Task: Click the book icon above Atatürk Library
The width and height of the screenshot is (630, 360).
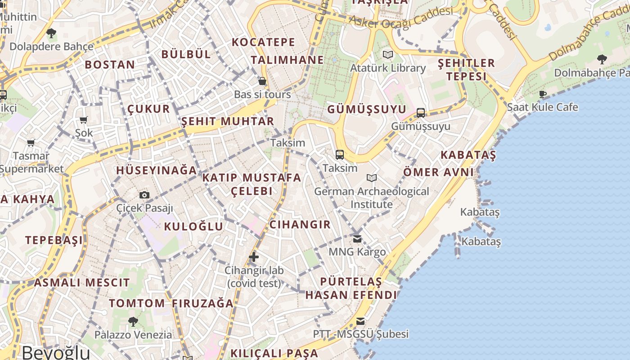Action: coord(387,55)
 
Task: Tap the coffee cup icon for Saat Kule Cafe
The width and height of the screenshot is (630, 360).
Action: coord(543,94)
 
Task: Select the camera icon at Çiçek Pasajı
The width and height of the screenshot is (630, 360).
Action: coord(144,195)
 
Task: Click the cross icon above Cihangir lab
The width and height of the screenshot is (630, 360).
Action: coord(254,257)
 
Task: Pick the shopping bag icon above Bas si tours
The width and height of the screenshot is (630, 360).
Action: coord(262,81)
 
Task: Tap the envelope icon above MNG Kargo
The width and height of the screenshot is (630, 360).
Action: coord(357,238)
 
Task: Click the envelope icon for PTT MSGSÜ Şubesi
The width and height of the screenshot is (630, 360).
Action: coord(360,321)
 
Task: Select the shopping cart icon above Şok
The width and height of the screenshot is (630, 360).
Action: coord(83,120)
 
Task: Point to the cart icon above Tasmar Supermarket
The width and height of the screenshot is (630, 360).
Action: coord(31,143)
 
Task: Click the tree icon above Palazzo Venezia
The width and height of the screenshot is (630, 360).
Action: coord(133,321)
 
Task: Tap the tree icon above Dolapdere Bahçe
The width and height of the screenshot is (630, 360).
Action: coord(51,33)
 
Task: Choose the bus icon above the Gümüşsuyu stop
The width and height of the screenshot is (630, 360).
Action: coord(421,112)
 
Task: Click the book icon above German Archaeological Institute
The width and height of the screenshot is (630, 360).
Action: coord(371,178)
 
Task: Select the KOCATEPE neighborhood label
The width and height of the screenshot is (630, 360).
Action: coord(263,43)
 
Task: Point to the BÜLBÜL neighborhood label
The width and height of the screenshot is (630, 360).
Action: coord(186,54)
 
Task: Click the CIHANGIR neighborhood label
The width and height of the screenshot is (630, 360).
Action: coord(300,225)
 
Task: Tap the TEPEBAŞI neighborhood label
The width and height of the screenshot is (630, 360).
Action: coord(54,240)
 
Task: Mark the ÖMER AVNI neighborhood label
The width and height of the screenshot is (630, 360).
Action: coord(438,172)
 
